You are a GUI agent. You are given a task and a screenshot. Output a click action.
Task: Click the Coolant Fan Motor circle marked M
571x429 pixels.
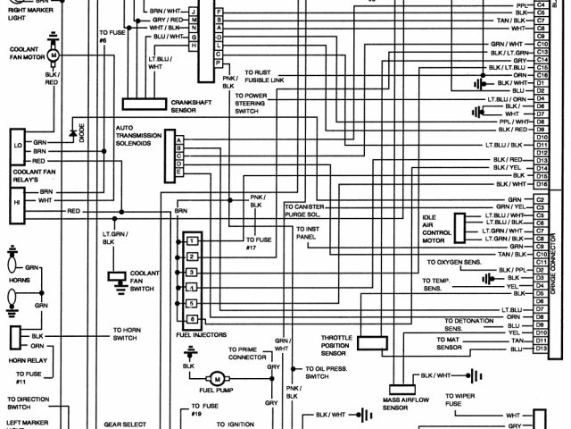[x=53, y=55]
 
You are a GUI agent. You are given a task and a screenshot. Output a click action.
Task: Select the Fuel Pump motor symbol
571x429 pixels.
[x=215, y=379]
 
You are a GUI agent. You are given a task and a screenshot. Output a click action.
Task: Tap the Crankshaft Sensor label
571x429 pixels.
[x=188, y=106]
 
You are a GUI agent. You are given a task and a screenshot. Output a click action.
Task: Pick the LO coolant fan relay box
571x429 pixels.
[x=18, y=144]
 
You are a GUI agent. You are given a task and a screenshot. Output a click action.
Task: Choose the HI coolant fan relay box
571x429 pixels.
[x=18, y=202]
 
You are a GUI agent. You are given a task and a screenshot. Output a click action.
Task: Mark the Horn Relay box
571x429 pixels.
[x=15, y=338]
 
